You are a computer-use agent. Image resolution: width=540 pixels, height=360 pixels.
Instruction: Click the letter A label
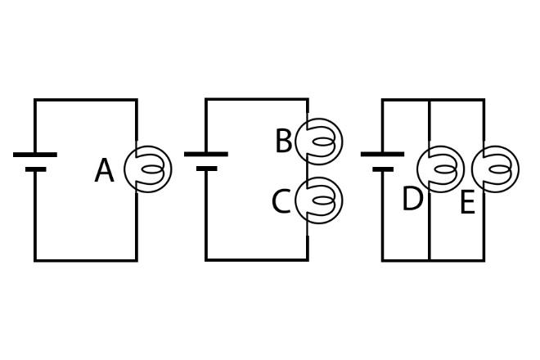click(104, 171)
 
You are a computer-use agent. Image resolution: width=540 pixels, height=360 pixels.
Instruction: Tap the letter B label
click(283, 142)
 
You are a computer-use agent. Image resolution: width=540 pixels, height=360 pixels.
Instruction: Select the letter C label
click(281, 201)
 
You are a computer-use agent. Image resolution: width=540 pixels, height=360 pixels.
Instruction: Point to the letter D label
click(412, 199)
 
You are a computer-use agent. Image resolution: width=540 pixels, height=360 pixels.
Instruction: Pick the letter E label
click(467, 203)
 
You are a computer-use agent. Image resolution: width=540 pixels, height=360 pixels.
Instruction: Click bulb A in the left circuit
click(148, 169)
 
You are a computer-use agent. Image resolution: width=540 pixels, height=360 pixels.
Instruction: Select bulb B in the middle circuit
click(319, 142)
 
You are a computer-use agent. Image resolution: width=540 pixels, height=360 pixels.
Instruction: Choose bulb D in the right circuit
click(440, 169)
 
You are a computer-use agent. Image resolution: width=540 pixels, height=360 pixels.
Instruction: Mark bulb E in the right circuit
click(495, 169)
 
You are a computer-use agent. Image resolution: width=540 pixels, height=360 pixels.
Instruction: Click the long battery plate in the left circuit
click(35, 154)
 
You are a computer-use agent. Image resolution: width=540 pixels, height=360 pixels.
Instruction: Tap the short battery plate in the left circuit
click(35, 170)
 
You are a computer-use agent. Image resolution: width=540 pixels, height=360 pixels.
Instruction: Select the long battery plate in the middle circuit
click(206, 154)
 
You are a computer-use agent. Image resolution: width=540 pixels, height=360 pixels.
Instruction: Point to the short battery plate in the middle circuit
click(206, 169)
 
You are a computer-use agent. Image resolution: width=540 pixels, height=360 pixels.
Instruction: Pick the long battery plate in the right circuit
click(382, 154)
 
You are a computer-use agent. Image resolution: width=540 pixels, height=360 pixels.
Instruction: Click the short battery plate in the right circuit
click(382, 169)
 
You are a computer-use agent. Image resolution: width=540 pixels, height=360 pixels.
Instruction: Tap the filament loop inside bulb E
click(501, 169)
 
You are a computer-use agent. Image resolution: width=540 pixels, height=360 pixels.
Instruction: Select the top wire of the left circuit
click(86, 100)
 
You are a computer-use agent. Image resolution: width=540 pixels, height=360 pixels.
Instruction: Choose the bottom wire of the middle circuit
click(257, 260)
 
